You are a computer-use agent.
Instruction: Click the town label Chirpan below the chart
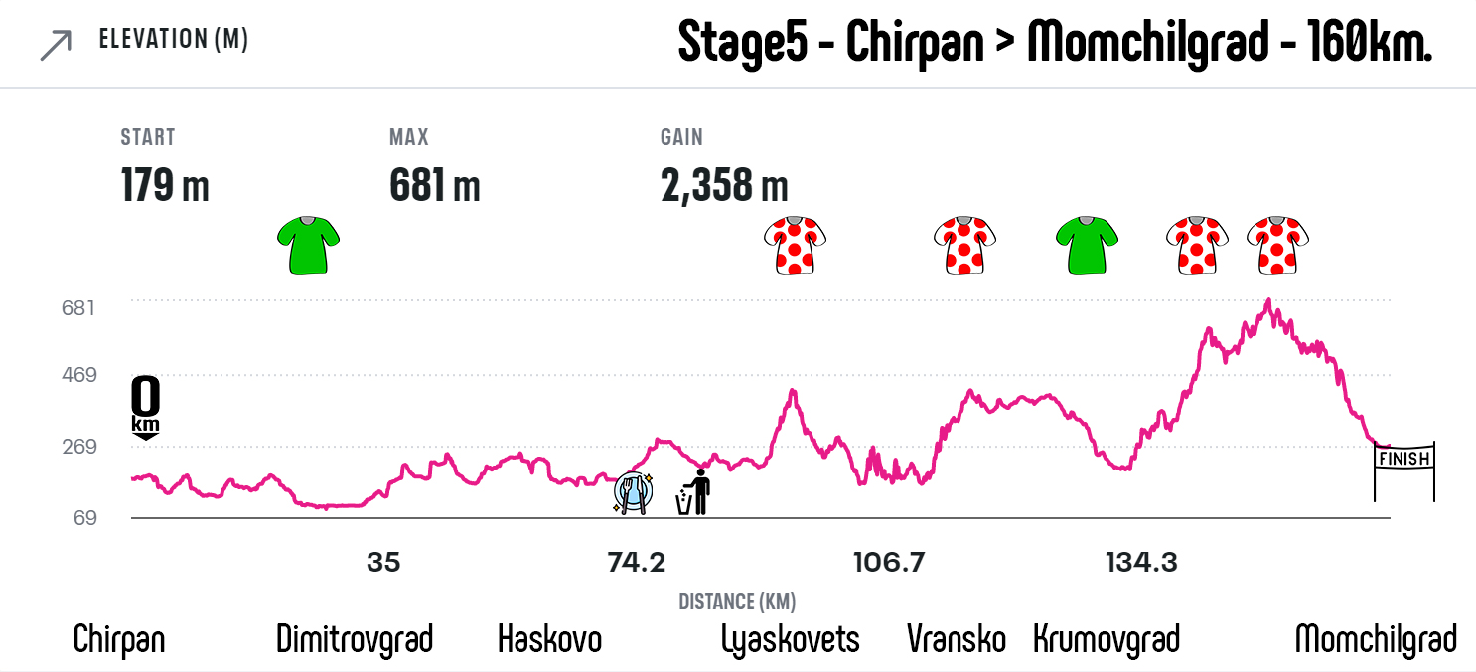pyautogui.click(x=119, y=639)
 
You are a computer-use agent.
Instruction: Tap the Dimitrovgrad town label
pyautogui.click(x=355, y=639)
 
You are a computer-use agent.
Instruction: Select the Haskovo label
pyautogui.click(x=549, y=639)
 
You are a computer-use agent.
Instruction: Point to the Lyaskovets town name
pyautogui.click(x=791, y=639)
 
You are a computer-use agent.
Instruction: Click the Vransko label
pyautogui.click(x=957, y=639)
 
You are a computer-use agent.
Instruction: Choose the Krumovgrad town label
pyautogui.click(x=1107, y=639)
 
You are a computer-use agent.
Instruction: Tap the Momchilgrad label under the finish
pyautogui.click(x=1376, y=639)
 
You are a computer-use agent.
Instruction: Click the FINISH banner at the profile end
pyautogui.click(x=1403, y=459)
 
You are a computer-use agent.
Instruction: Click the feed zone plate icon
pyautogui.click(x=632, y=492)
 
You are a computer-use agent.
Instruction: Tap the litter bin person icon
pyautogui.click(x=694, y=492)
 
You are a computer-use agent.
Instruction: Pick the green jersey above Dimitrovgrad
pyautogui.click(x=308, y=244)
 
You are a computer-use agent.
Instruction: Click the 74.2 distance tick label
pyautogui.click(x=636, y=563)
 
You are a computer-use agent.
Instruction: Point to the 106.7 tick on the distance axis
pyautogui.click(x=889, y=563)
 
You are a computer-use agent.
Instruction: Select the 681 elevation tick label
pyautogui.click(x=78, y=307)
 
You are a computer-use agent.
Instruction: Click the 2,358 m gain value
pyautogui.click(x=724, y=185)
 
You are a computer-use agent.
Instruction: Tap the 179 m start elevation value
pyautogui.click(x=165, y=185)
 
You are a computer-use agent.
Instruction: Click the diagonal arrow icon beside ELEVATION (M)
pyautogui.click(x=56, y=45)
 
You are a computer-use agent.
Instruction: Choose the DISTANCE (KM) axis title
pyautogui.click(x=737, y=602)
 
